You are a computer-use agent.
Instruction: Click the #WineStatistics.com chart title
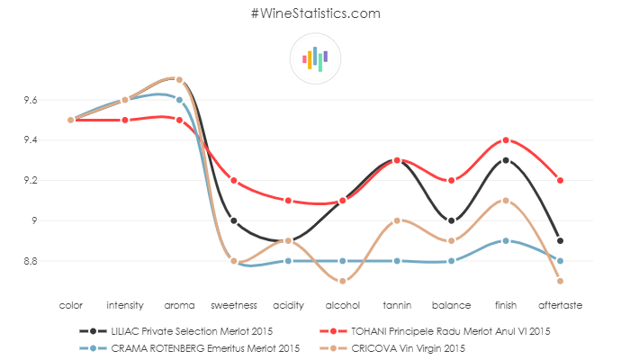[315, 13]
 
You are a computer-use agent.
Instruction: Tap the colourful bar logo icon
[315, 59]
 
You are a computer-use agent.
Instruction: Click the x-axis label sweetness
[234, 305]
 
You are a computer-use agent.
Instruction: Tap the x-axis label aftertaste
[560, 305]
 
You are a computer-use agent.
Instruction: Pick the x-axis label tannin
[397, 305]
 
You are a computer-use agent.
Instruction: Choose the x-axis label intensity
[125, 305]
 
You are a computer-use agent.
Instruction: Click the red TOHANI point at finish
[506, 140]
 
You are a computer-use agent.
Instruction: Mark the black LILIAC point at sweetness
[234, 220]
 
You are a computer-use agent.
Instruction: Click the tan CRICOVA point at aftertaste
[560, 281]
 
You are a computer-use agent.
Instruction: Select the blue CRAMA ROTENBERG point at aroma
[179, 100]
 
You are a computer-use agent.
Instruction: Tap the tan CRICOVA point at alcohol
[343, 281]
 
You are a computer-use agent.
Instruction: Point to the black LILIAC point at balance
[452, 220]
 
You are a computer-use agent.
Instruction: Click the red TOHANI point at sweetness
[234, 180]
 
